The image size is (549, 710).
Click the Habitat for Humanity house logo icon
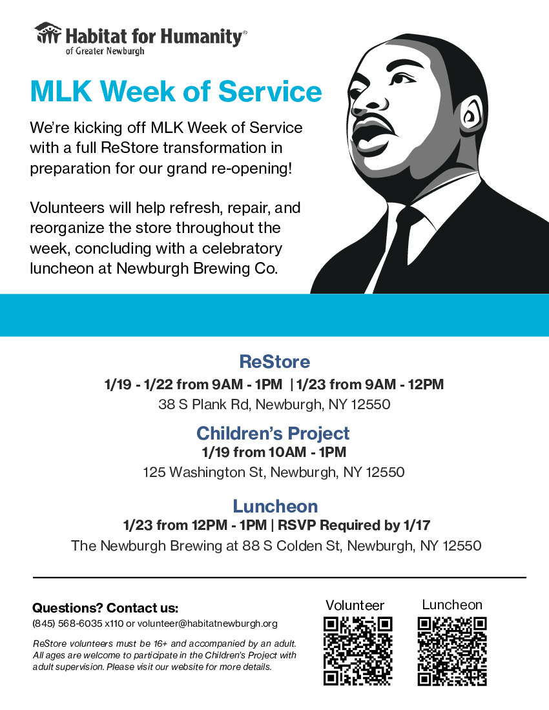coord(48,33)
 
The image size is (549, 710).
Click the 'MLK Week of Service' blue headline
coord(176,91)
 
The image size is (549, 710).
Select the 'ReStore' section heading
coord(274,361)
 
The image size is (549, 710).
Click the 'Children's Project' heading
coord(273,433)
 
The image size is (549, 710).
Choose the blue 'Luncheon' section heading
coord(275,506)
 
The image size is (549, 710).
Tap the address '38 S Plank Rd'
coord(204,404)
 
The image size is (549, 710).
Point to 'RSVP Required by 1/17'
coord(354,525)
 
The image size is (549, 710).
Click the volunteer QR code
coord(358,651)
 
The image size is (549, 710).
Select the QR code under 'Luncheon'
coord(452,651)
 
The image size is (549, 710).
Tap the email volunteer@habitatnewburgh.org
coord(207,624)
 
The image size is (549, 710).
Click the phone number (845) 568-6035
coord(67,624)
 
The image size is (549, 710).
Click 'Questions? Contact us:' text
coord(105,607)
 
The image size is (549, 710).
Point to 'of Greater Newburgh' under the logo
coord(105,51)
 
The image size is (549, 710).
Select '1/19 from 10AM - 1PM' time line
coord(274,452)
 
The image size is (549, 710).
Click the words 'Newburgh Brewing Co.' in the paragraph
coord(197,268)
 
